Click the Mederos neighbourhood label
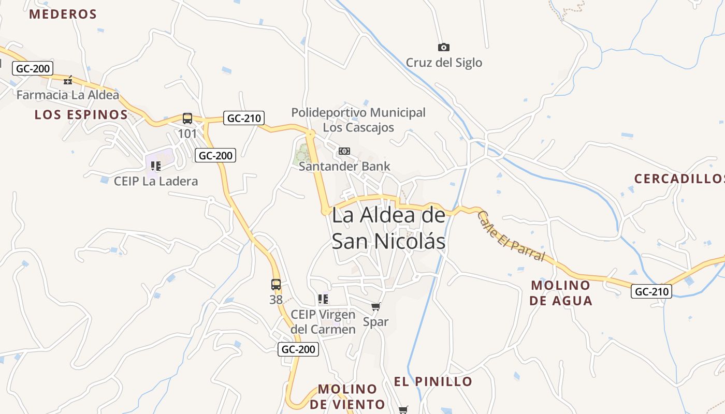[63, 14]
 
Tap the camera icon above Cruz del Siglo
[444, 48]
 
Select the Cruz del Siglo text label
[444, 63]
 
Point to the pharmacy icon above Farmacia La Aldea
[68, 80]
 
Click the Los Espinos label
[81, 114]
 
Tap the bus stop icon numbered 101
[187, 119]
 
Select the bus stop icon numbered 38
[276, 284]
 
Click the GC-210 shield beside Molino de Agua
[651, 291]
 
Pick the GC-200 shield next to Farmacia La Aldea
[33, 68]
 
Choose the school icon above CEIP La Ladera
[156, 166]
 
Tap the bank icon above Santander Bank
[344, 151]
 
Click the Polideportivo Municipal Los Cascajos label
[358, 120]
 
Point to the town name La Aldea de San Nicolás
[388, 228]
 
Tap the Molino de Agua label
[561, 292]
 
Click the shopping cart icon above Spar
[376, 307]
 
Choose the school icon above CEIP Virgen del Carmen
[323, 299]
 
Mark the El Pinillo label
[433, 381]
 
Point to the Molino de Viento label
[347, 396]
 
